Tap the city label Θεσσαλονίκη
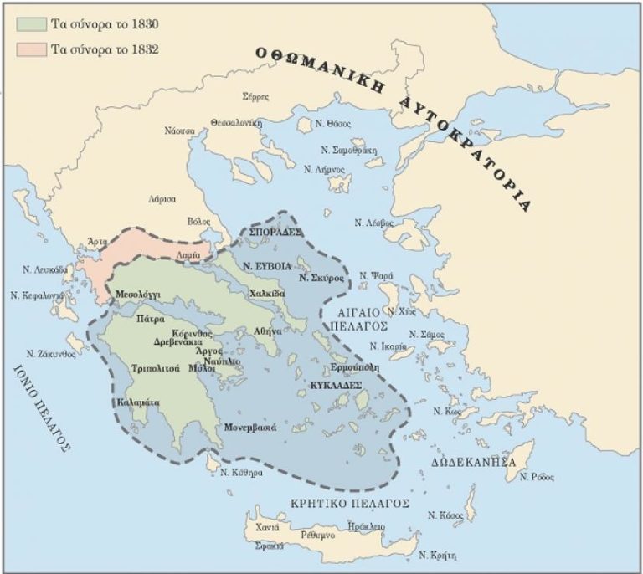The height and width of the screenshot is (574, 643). (237, 122)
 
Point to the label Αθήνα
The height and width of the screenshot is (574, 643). (269, 331)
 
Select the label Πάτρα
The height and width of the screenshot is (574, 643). (151, 319)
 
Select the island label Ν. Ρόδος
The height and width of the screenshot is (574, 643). (535, 477)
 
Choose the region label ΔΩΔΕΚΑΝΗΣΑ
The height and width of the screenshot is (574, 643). (472, 462)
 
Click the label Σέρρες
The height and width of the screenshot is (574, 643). (255, 96)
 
